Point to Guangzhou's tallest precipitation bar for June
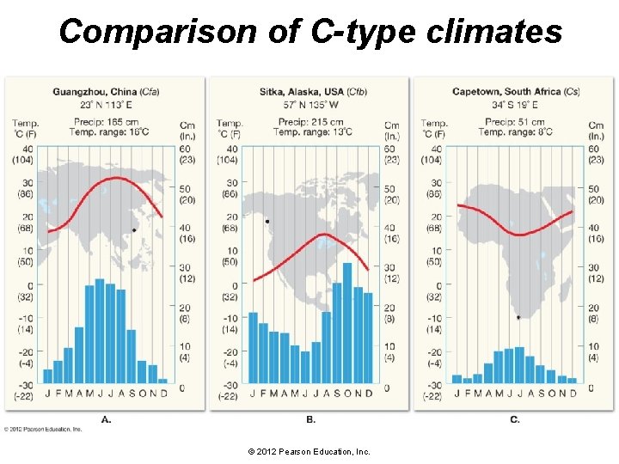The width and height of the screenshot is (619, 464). (100, 332)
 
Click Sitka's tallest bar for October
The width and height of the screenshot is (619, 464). (347, 323)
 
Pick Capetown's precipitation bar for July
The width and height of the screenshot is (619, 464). (519, 365)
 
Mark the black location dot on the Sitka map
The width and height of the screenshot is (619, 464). (267, 222)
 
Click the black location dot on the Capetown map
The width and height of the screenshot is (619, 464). (518, 317)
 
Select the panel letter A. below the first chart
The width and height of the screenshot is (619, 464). (106, 419)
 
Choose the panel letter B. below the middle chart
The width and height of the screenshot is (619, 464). (310, 419)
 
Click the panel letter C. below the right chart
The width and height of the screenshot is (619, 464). (514, 419)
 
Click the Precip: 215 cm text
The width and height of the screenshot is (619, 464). (309, 122)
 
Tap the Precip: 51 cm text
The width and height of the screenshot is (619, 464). (515, 122)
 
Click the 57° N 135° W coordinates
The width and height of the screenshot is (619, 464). (309, 103)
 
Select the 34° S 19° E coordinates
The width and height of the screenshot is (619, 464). (515, 103)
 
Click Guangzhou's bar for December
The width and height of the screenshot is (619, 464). (162, 381)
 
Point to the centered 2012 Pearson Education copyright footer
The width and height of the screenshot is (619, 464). (309, 450)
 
